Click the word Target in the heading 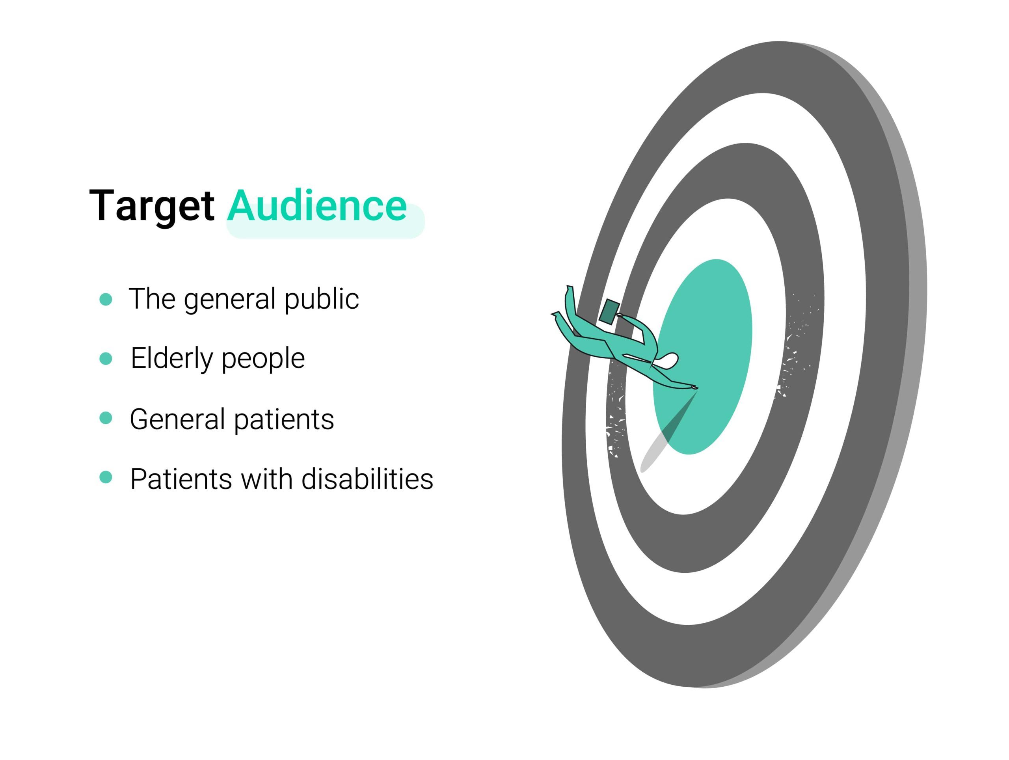click(x=152, y=206)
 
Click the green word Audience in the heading click(x=317, y=205)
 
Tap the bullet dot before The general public click(x=106, y=299)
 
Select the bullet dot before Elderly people click(x=106, y=359)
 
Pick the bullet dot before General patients click(x=106, y=418)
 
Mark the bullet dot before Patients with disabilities click(x=106, y=477)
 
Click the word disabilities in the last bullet click(x=367, y=479)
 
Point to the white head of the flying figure click(x=666, y=360)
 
